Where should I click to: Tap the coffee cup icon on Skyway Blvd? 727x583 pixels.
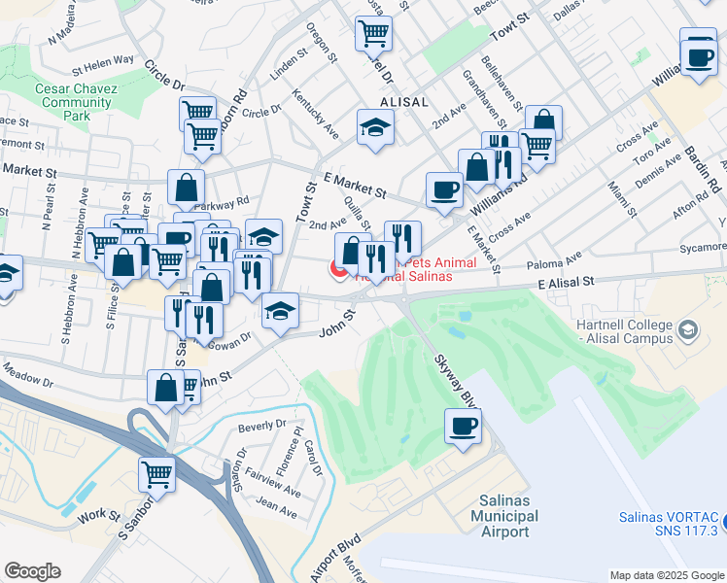coord(463,425)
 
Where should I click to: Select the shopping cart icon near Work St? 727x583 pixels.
coord(156,473)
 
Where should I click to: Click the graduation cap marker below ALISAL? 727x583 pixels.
coord(373,128)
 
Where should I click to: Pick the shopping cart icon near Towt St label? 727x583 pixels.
coord(374,34)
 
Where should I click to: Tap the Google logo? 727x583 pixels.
coord(32,570)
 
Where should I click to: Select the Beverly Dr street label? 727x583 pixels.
coord(261,425)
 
